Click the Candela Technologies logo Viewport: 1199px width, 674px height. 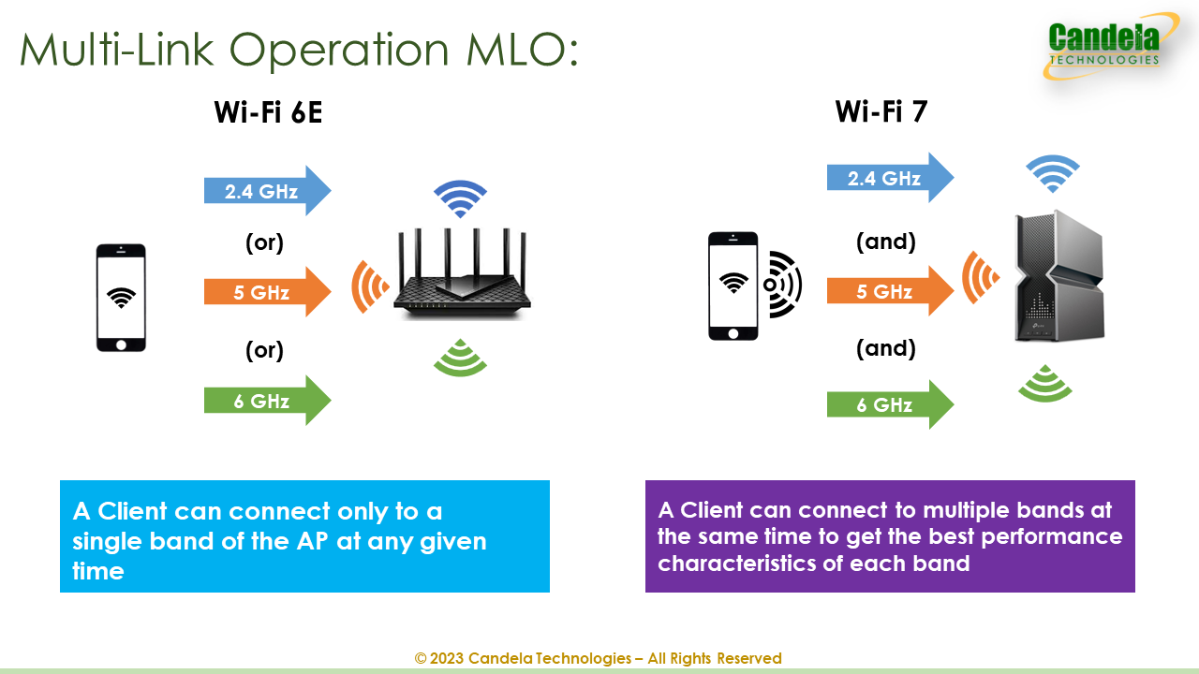1105,46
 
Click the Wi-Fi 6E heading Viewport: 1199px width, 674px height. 269,112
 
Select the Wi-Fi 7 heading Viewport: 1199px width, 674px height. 881,111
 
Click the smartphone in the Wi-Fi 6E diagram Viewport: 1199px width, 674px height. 121,298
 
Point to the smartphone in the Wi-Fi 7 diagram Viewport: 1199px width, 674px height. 733,286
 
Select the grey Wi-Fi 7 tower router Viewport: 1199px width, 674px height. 1059,275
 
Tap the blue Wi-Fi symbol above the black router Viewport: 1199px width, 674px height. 460,198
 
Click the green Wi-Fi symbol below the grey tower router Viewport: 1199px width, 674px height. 1045,384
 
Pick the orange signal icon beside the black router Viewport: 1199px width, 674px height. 369,286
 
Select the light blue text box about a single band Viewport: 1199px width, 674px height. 304,536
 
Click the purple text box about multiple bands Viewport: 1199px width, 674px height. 890,536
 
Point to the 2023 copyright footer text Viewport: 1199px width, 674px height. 598,658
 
